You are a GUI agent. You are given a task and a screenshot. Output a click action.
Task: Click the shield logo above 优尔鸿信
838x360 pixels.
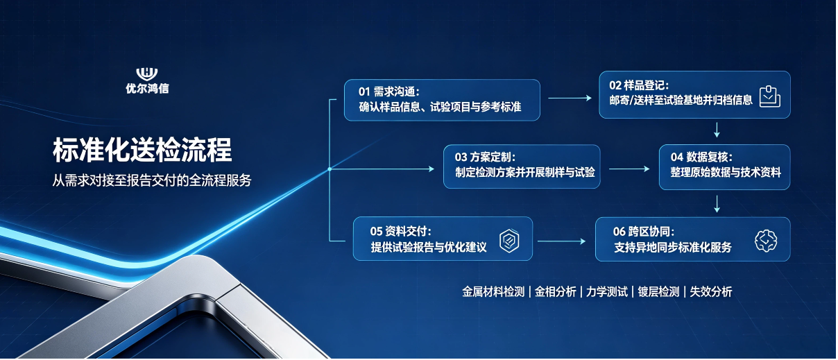point(146,74)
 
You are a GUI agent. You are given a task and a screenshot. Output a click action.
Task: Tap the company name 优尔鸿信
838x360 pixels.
point(147,88)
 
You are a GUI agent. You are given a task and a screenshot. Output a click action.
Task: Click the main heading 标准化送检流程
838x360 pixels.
point(142,150)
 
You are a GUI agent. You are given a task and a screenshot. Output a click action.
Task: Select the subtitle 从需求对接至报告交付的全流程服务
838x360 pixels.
point(151,180)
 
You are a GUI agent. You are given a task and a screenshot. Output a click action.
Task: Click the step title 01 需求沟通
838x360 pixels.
point(389,92)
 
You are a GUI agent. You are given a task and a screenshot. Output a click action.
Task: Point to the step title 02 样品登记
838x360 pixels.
point(639,85)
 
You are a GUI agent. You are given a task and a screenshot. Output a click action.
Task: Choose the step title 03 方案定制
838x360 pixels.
point(485,157)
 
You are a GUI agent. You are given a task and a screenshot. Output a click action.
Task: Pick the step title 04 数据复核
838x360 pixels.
point(701,157)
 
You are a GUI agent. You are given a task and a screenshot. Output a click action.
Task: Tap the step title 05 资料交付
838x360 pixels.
point(401,231)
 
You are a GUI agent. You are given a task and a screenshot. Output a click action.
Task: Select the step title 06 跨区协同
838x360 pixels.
point(644,232)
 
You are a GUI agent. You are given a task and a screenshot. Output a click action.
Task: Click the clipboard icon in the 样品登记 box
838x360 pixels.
point(769,96)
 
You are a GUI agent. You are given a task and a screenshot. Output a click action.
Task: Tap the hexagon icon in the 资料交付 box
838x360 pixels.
point(509,241)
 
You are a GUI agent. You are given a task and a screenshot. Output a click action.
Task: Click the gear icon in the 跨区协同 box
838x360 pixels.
point(766,241)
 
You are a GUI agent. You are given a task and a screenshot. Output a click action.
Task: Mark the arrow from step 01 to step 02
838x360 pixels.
point(570,98)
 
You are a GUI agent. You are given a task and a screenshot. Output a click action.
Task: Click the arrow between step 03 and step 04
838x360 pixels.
point(629,169)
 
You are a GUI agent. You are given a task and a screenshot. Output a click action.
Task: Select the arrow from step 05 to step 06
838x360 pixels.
point(561,241)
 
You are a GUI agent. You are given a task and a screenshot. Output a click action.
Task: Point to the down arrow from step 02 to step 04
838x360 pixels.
point(717,130)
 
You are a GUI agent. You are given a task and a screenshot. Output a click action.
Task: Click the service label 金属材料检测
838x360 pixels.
point(493,292)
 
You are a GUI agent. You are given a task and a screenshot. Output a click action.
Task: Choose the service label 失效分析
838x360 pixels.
point(710,292)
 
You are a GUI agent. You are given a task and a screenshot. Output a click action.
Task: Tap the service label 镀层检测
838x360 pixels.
point(658,292)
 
